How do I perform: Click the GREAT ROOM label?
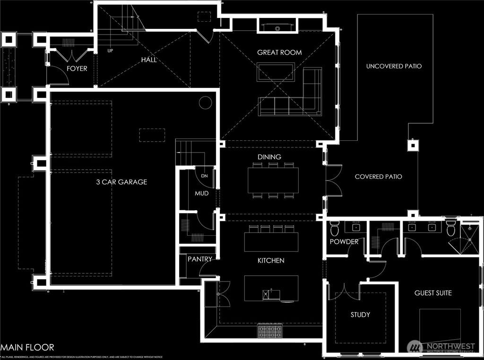click(x=279, y=52)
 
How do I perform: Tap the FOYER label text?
click(x=77, y=69)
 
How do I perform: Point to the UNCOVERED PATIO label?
click(x=394, y=66)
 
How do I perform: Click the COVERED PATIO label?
click(x=378, y=177)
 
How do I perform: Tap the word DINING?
click(x=269, y=157)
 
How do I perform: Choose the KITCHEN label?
click(x=270, y=260)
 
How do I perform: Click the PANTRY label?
click(x=200, y=259)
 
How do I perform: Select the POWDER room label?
click(x=344, y=241)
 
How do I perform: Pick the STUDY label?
click(x=360, y=314)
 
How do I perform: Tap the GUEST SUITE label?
click(x=433, y=293)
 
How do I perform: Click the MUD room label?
click(x=202, y=193)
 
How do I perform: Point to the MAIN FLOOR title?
click(x=27, y=347)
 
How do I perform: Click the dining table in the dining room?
click(x=273, y=180)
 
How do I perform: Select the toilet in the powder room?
click(x=335, y=230)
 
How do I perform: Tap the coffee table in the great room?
click(x=276, y=72)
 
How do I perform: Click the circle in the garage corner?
click(x=205, y=103)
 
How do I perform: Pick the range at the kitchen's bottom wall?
click(x=270, y=331)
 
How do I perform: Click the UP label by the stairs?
click(x=110, y=50)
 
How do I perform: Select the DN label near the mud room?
click(x=204, y=176)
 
